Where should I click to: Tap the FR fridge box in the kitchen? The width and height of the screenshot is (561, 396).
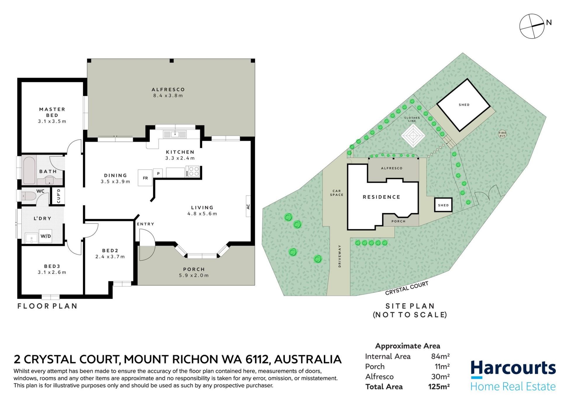[x=145, y=178]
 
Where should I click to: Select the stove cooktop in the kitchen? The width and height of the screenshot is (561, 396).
[x=193, y=171]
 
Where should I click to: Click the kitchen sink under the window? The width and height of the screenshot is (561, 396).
[x=175, y=134]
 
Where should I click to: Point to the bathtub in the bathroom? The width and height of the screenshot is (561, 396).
[x=29, y=171]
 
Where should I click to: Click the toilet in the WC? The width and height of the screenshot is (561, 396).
[x=28, y=196]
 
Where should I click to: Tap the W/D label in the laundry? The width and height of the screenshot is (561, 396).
[x=46, y=236]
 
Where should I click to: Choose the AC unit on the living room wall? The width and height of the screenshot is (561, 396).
[x=248, y=206]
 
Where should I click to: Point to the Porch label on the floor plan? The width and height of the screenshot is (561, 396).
[x=194, y=269]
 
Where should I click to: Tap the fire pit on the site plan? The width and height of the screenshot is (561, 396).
[x=502, y=134]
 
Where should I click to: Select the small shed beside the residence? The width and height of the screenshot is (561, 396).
[x=443, y=205]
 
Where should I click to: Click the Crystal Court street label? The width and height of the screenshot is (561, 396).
[x=407, y=288]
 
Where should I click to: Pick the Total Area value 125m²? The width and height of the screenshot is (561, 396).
[x=439, y=387]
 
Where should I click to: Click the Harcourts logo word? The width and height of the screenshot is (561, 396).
[x=513, y=369]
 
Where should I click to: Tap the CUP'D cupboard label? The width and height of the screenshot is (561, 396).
[x=58, y=196]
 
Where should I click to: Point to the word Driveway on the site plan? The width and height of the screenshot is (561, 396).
[x=340, y=256]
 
